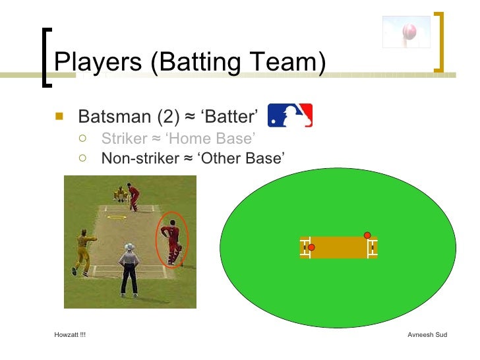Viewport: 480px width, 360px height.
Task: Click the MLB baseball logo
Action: tap(290, 115)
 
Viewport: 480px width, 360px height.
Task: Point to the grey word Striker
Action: tap(123, 139)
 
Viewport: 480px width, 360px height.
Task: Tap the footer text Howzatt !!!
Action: tap(70, 335)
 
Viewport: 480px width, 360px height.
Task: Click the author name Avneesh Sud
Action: tap(427, 335)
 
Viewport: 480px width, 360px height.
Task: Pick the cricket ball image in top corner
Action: tap(407, 32)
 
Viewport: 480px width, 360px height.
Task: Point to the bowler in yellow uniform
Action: tap(83, 252)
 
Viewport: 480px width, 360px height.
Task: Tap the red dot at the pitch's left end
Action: tap(311, 248)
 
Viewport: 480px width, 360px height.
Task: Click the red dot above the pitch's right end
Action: tap(367, 235)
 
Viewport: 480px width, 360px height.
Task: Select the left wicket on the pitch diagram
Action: tap(305, 248)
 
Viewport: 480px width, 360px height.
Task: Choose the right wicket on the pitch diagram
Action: tap(373, 248)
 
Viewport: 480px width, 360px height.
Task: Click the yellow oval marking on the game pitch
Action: tap(117, 217)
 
